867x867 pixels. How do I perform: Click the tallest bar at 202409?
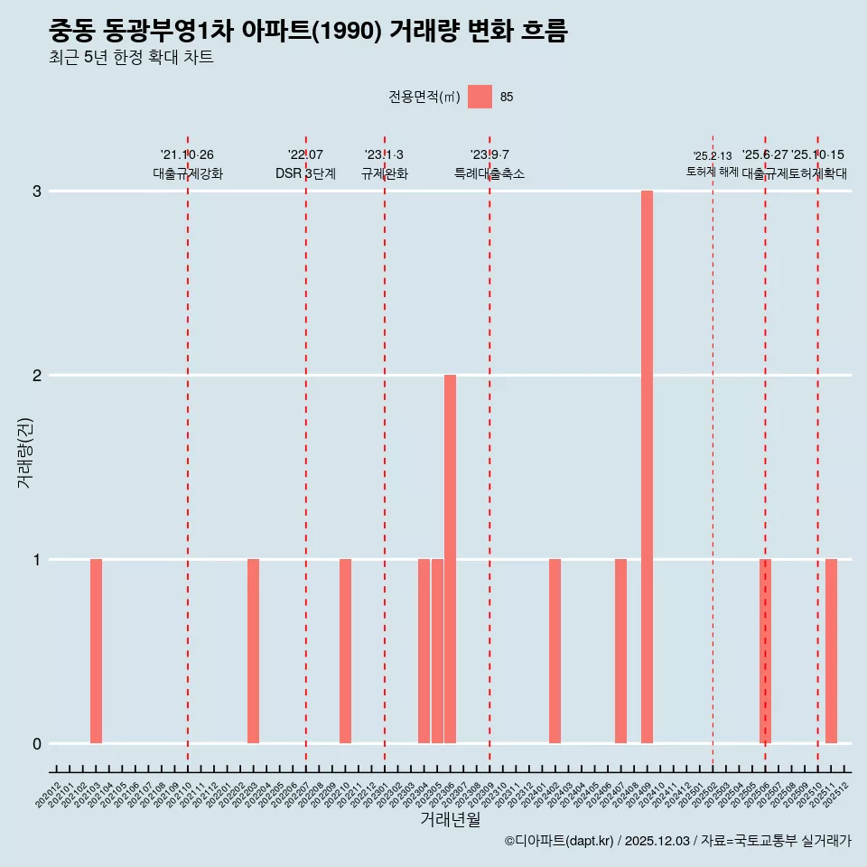[x=647, y=467]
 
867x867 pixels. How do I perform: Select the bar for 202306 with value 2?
[x=450, y=559]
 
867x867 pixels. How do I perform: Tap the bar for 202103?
[x=96, y=651]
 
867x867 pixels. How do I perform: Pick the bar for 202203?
[x=253, y=651]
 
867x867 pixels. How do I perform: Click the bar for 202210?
[x=345, y=651]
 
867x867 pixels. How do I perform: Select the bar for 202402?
[x=555, y=651]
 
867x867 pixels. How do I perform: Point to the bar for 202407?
[x=620, y=651]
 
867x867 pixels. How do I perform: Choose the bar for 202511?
[x=831, y=651]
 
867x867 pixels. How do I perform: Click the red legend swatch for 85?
[x=480, y=98]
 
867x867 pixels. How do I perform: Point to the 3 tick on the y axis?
[x=37, y=191]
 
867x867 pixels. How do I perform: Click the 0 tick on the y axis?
[x=37, y=743]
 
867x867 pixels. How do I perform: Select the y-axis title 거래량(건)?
[x=25, y=452]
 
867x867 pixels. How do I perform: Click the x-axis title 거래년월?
[x=450, y=819]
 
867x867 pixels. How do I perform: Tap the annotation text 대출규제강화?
[x=187, y=173]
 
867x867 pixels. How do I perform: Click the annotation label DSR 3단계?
[x=305, y=173]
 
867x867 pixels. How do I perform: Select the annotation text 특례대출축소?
[x=489, y=173]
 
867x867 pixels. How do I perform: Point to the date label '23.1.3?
[x=384, y=155]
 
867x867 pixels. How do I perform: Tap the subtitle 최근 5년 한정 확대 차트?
[x=131, y=59]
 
